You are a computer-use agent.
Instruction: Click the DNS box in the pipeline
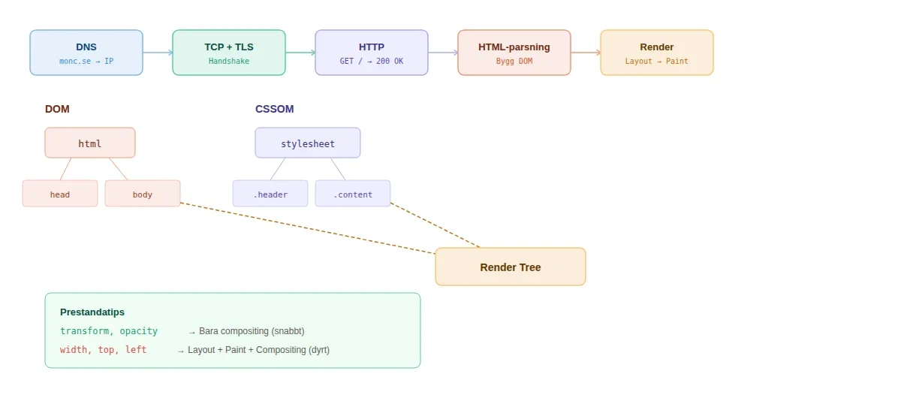[x=86, y=53]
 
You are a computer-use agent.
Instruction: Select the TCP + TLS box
[x=229, y=53]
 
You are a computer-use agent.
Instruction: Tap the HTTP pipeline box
[x=372, y=53]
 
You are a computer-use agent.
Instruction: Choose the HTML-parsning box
[x=514, y=53]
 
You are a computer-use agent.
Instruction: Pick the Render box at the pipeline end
[x=657, y=53]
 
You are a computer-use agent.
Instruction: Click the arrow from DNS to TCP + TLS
[x=158, y=53]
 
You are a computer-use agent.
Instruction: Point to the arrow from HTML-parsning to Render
[x=586, y=53]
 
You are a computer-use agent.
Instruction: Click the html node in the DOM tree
[x=90, y=143]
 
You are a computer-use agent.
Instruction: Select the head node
[x=60, y=194]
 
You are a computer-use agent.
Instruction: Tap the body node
[x=143, y=194]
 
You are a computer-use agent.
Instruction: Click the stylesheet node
[x=308, y=143]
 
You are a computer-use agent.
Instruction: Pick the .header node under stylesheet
[x=270, y=194]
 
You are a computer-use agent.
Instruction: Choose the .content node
[x=353, y=194]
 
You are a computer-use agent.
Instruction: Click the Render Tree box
[x=511, y=267]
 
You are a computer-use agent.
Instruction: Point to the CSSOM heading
[x=274, y=109]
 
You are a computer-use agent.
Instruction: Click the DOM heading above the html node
[x=57, y=109]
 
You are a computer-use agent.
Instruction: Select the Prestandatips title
[x=92, y=312]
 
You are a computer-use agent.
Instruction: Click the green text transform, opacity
[x=109, y=331]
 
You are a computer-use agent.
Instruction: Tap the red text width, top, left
[x=104, y=350]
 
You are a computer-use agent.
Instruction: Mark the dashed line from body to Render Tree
[x=308, y=228]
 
